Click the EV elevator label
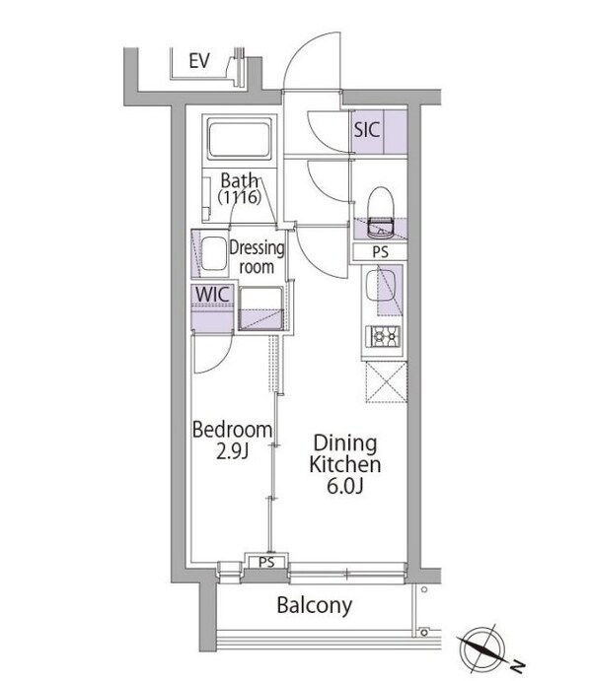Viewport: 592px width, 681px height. [x=200, y=61]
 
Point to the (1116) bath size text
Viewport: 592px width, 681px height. [x=239, y=198]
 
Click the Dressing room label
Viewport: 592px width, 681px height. [x=257, y=257]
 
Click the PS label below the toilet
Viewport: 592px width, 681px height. [x=380, y=251]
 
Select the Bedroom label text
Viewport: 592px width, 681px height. [x=232, y=430]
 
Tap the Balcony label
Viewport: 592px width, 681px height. [x=313, y=605]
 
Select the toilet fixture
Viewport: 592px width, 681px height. [x=380, y=208]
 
